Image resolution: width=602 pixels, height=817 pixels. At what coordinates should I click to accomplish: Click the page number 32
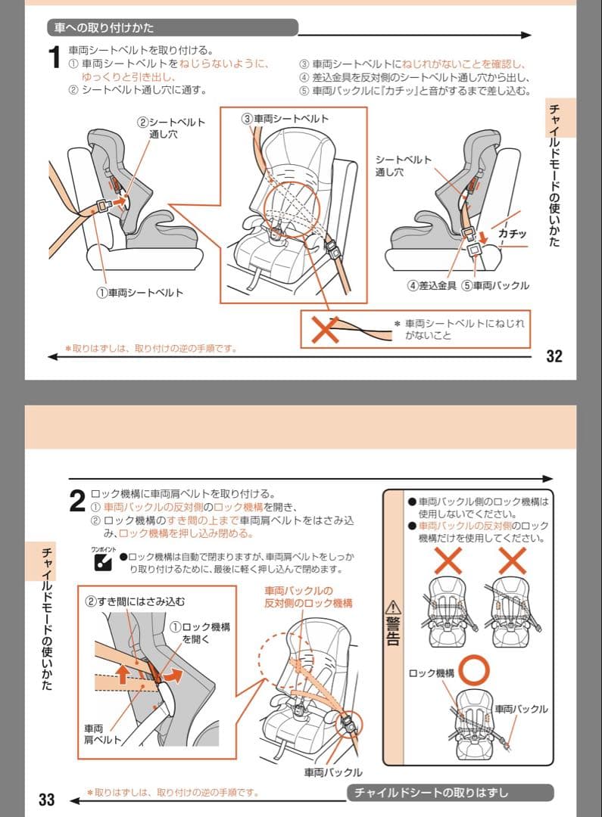pyautogui.click(x=554, y=356)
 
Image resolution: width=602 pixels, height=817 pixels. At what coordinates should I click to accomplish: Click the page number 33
pyautogui.click(x=46, y=800)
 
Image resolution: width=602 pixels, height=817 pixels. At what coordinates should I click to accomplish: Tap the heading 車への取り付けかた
pyautogui.click(x=104, y=28)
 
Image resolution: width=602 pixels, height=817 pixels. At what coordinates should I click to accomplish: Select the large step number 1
pyautogui.click(x=54, y=58)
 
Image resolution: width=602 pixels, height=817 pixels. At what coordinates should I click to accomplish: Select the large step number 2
pyautogui.click(x=76, y=502)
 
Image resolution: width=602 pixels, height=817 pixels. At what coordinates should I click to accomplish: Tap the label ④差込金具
pyautogui.click(x=432, y=286)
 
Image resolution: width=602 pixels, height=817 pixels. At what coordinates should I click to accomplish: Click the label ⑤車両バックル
pyautogui.click(x=496, y=286)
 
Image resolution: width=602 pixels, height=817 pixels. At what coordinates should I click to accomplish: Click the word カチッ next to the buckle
pyautogui.click(x=512, y=234)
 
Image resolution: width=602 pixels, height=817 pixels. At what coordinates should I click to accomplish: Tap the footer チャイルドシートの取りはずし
pyautogui.click(x=451, y=793)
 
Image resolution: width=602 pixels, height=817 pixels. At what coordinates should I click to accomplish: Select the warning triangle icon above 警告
pyautogui.click(x=392, y=607)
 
